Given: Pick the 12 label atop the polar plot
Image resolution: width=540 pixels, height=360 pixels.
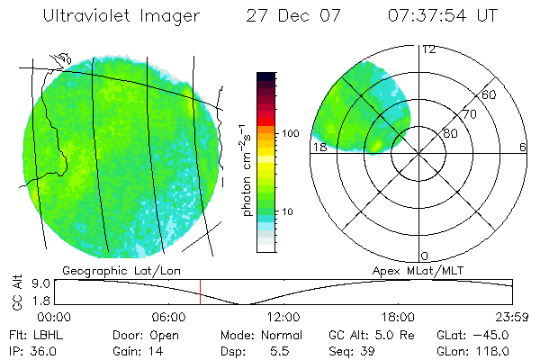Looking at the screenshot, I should point(428,49).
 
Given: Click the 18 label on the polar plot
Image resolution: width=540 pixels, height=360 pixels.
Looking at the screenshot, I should point(319,148).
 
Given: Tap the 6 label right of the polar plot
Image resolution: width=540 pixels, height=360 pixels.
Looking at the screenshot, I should point(523,148).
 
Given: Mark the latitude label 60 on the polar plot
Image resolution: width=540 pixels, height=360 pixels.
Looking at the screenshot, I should point(490,94).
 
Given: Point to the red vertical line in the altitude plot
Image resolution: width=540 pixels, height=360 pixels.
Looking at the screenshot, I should point(200,292).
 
